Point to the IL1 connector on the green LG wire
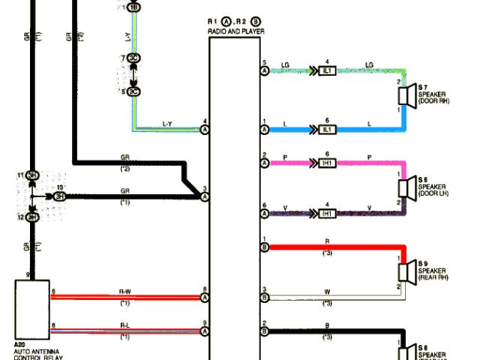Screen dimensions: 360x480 [x=327, y=70]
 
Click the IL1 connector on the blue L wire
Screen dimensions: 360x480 [x=327, y=130]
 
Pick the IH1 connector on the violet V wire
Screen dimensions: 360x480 [x=327, y=214]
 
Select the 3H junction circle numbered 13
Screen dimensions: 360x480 [x=59, y=196]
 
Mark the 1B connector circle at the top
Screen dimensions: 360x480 [x=134, y=7]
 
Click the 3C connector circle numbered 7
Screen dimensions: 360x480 [x=134, y=58]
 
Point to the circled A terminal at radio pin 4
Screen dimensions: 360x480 [x=204, y=130]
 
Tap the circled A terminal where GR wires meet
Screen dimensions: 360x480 [x=204, y=196]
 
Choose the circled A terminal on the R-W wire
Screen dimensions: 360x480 [x=204, y=297]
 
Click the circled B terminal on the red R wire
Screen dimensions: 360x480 [x=265, y=247]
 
